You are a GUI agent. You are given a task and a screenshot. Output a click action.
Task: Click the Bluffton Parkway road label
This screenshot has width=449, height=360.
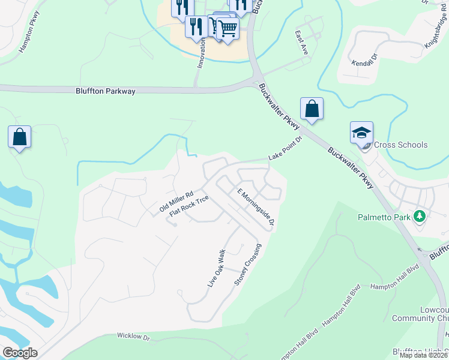click(x=106, y=91)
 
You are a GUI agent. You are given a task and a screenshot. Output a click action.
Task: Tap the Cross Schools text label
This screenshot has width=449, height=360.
click(x=400, y=145)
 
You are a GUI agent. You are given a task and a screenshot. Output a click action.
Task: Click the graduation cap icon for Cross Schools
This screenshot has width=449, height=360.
click(x=361, y=133)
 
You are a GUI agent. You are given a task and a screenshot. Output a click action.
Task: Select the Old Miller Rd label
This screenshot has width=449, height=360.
click(x=176, y=202)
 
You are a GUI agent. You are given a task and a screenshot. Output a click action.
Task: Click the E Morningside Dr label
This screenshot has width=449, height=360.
click(x=255, y=208)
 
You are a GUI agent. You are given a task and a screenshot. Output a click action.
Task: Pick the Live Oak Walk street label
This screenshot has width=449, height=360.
click(x=216, y=268)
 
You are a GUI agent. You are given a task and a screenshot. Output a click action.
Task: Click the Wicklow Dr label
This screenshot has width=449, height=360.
click(x=133, y=337)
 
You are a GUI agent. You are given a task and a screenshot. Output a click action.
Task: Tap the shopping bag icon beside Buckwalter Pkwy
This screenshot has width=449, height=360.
click(x=312, y=109)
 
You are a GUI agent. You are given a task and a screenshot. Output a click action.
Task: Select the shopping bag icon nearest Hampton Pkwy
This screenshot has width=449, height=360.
click(x=19, y=137)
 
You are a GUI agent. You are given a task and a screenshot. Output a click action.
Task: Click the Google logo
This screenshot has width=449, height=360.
click(x=20, y=353)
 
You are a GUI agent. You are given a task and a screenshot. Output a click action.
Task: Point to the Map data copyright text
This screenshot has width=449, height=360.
click(x=424, y=355)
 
